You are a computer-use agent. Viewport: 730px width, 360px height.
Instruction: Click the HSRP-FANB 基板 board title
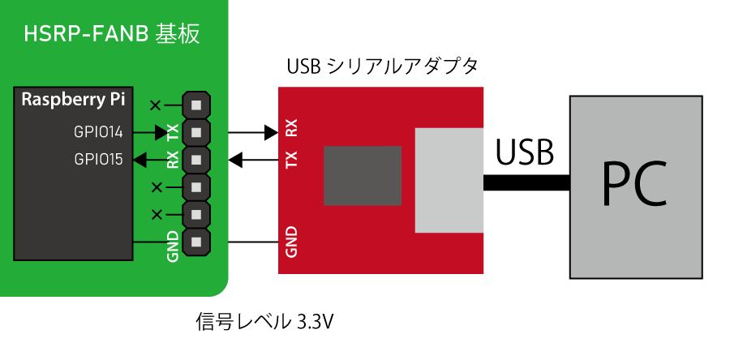click(x=112, y=35)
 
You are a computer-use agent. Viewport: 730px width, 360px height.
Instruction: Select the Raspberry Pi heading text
click(x=73, y=101)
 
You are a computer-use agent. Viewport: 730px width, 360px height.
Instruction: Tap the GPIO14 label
click(x=98, y=131)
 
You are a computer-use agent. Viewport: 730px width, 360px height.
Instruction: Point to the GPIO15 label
click(x=98, y=160)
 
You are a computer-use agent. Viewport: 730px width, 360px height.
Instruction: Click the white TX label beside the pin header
click(x=172, y=132)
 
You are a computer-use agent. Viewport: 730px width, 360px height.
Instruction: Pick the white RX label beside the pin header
click(x=172, y=159)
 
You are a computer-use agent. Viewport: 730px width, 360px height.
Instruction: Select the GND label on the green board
click(x=172, y=247)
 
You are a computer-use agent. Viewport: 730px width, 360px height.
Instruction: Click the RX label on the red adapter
click(x=292, y=130)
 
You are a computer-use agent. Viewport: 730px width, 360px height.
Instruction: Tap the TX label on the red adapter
click(x=292, y=161)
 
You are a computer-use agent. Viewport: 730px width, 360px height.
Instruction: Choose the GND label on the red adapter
click(x=292, y=242)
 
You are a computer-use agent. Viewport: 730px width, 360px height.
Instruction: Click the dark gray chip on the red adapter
click(x=363, y=175)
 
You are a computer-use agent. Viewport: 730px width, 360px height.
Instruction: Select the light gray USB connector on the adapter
click(x=449, y=180)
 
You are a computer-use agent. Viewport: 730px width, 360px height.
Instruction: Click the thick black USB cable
click(x=526, y=184)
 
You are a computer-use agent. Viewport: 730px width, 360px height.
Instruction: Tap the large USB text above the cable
click(x=525, y=152)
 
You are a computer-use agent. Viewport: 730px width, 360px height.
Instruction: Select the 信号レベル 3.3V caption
click(x=265, y=322)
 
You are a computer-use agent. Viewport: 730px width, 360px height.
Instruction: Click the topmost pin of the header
click(x=196, y=105)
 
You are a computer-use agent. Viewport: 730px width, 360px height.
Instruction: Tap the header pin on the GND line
click(x=196, y=242)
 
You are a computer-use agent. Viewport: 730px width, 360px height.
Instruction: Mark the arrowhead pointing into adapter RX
click(x=271, y=131)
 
